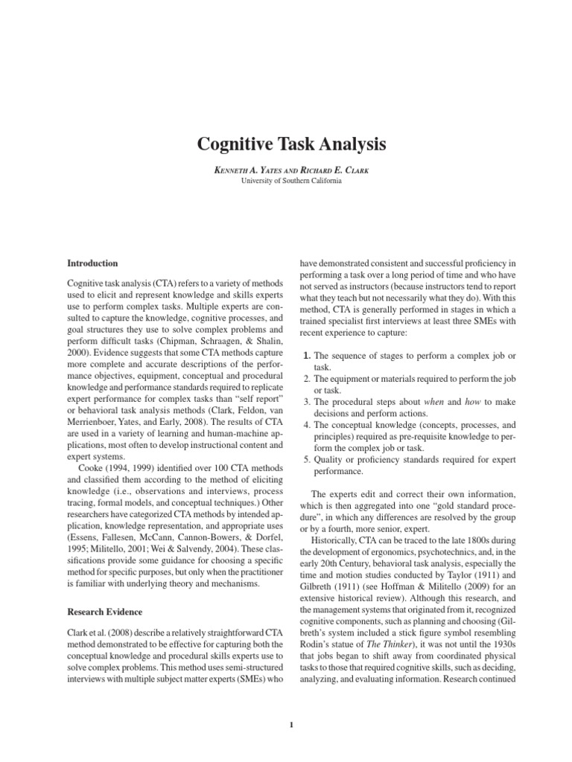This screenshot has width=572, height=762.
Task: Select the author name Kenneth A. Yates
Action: [x=246, y=170]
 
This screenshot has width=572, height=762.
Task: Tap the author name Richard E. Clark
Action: [x=339, y=170]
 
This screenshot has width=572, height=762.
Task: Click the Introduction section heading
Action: [x=92, y=263]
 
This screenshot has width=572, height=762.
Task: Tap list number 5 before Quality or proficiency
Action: [x=306, y=459]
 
